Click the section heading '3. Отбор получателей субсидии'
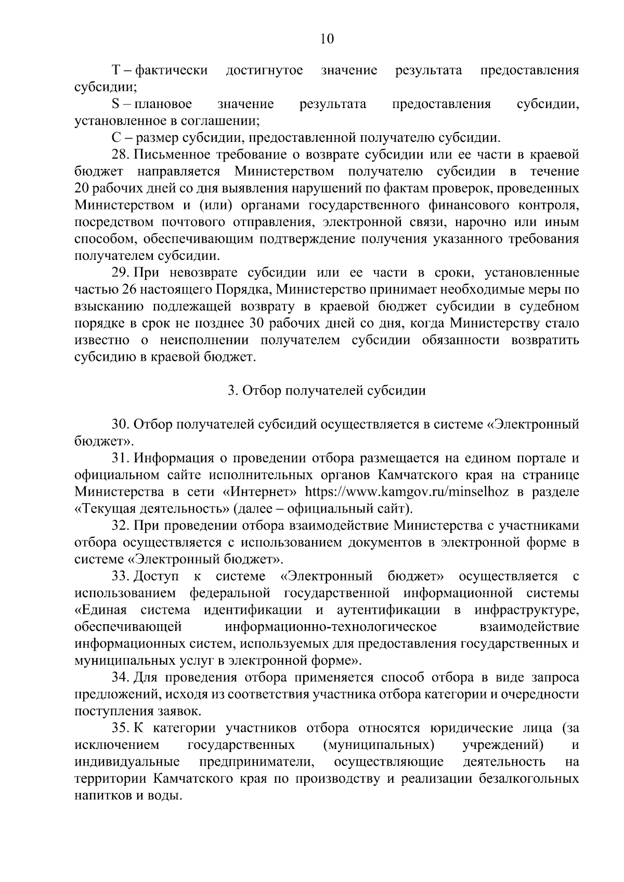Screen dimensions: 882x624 [327, 391]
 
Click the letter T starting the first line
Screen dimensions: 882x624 [116, 70]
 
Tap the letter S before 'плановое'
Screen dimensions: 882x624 [115, 104]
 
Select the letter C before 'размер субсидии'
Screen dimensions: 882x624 [116, 138]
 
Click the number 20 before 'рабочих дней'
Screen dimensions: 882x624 [82, 189]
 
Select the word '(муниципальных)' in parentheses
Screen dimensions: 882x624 [379, 745]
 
